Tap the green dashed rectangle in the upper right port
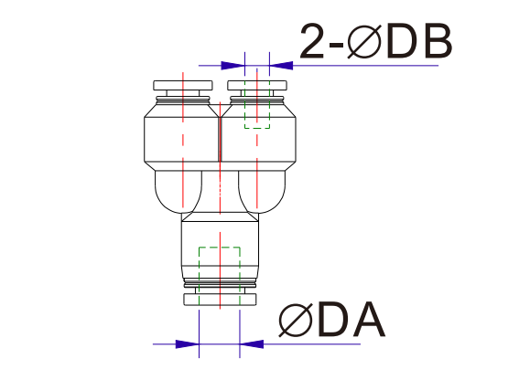(257, 113)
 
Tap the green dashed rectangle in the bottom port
(219, 261)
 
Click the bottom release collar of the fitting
(220, 298)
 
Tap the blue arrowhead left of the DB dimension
(235, 66)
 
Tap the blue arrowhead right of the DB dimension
(280, 66)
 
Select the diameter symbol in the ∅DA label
(296, 321)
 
